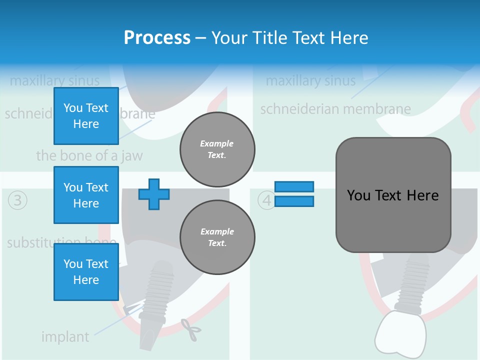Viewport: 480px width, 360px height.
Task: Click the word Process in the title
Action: (x=157, y=37)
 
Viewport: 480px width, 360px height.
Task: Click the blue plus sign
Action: (x=154, y=194)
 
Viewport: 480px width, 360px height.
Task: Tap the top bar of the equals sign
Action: (x=294, y=186)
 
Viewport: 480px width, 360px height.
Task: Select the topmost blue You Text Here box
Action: (x=86, y=116)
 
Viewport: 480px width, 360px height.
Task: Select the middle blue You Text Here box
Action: (x=86, y=195)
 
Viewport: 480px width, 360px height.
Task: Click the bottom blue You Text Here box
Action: (x=86, y=271)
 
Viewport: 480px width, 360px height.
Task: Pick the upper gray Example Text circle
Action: (x=217, y=149)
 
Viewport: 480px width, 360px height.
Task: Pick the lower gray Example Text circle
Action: (x=217, y=237)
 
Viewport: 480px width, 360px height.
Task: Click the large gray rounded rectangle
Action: (x=393, y=195)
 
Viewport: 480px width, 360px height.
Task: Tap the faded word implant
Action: (x=65, y=337)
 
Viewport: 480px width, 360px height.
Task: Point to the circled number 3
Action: (x=17, y=200)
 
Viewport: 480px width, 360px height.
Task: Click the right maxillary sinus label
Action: (x=310, y=80)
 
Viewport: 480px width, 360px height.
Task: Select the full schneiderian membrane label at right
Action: (x=335, y=109)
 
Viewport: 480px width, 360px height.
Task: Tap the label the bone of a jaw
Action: (x=89, y=155)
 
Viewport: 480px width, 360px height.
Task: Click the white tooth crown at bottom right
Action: (x=400, y=332)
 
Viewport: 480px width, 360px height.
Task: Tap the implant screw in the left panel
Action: (x=156, y=295)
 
